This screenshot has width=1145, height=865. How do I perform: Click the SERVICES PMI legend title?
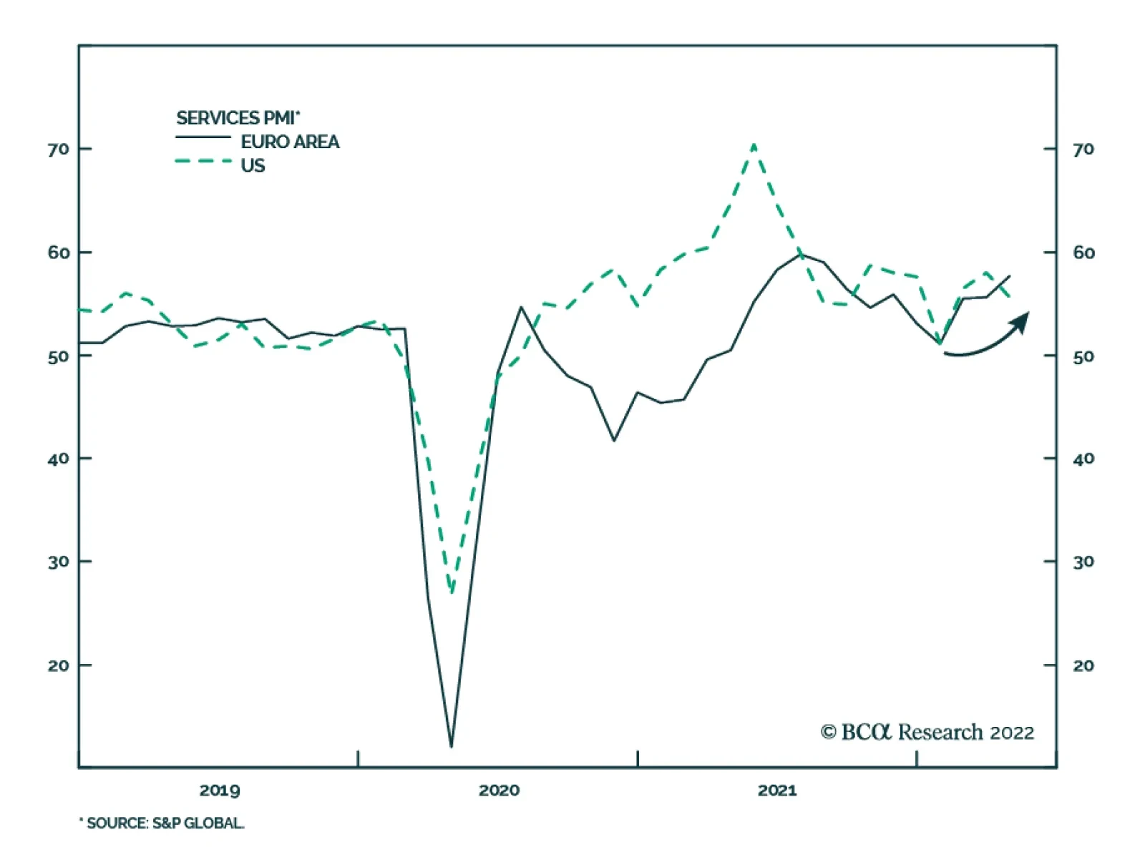tap(238, 118)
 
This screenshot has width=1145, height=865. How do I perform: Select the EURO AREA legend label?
tap(290, 142)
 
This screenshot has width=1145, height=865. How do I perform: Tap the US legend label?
tap(253, 165)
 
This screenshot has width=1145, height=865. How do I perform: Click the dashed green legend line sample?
tap(203, 162)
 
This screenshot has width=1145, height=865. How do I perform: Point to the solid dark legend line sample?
tap(203, 137)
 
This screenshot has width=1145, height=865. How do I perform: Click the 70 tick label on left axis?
tap(59, 150)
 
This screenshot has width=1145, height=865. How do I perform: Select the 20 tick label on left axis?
tap(59, 665)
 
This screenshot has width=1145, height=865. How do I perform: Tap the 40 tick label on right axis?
tap(1083, 459)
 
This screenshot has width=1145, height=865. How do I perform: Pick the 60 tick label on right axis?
tap(1083, 253)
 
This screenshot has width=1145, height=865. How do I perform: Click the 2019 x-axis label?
tap(220, 791)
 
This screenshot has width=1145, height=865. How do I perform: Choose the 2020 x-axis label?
tap(499, 791)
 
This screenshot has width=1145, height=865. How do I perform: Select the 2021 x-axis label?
tap(777, 791)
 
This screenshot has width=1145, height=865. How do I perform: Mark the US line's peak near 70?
tap(754, 145)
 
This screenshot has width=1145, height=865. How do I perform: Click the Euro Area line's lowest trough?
tap(451, 746)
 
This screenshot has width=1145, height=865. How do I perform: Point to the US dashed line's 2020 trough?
tap(452, 592)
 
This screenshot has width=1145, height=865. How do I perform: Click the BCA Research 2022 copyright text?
tap(927, 732)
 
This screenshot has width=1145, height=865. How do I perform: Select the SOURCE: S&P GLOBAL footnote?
tap(162, 824)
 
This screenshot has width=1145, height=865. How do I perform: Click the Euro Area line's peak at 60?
tap(801, 254)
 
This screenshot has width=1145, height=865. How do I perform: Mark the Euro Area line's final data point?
tap(1010, 275)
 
